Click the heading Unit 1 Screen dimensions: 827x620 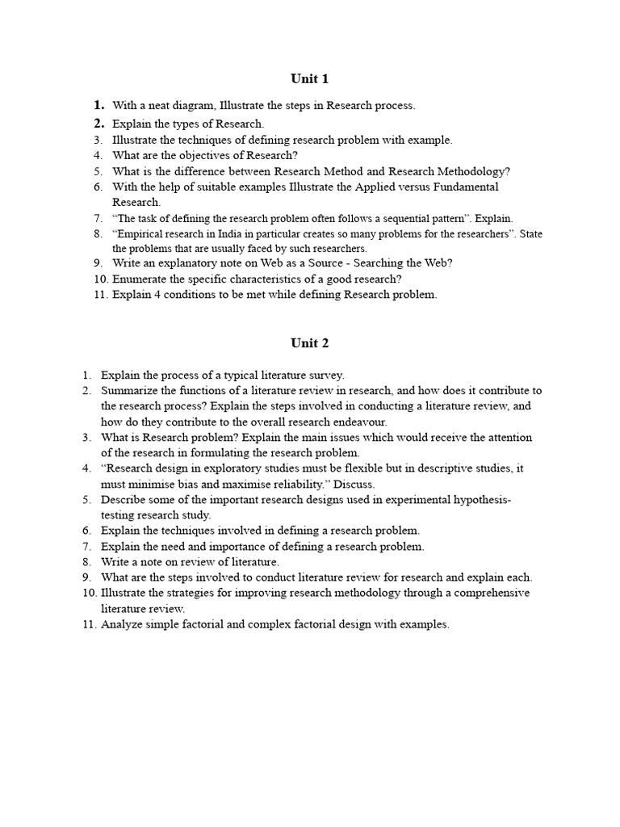tap(309, 79)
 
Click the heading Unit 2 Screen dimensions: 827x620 tap(309, 343)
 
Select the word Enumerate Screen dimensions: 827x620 tap(139, 279)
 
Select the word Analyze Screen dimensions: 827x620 tap(120, 625)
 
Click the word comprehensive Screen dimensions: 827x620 tap(492, 594)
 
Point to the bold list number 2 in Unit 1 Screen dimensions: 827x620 tap(99, 124)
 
